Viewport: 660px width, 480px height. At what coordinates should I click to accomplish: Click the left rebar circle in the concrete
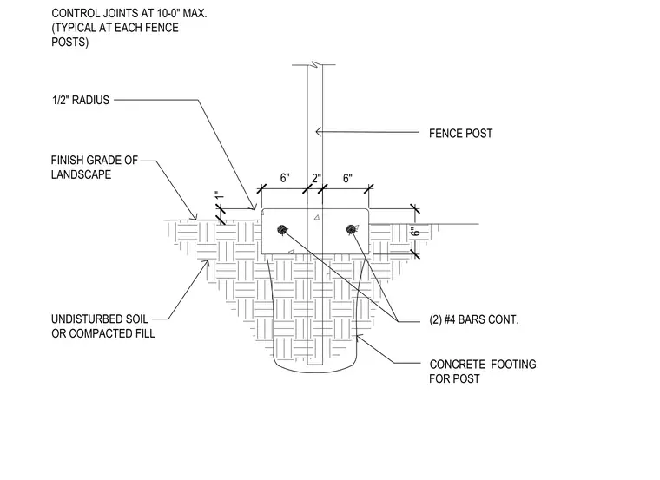tap(282, 230)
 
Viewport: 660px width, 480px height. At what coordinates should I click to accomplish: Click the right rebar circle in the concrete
tap(351, 229)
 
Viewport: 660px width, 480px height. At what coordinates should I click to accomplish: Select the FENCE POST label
tap(460, 134)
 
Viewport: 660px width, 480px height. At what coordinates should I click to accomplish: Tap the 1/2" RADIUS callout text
tap(81, 100)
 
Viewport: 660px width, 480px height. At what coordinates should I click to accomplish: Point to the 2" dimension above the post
tap(316, 178)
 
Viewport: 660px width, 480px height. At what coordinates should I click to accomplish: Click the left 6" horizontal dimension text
tap(285, 178)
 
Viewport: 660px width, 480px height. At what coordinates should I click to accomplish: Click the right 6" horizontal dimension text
tap(347, 178)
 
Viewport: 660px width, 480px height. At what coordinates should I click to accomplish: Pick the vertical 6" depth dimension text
tap(415, 232)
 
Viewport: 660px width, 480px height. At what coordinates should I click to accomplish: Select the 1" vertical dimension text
tap(220, 196)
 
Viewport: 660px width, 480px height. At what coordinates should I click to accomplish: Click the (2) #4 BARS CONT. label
tap(474, 319)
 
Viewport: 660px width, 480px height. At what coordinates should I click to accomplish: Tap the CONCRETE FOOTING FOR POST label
tap(482, 371)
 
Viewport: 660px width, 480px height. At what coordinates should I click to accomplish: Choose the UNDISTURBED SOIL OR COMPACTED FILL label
tap(103, 326)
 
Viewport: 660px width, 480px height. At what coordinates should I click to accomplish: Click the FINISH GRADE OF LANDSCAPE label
tap(95, 168)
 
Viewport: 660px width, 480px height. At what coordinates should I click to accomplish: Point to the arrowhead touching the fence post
tap(319, 132)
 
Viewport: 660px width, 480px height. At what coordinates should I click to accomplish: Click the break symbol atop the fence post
tap(314, 64)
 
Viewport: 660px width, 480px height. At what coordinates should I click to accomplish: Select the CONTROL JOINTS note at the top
tap(129, 28)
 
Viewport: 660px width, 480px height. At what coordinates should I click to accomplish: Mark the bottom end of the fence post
tap(315, 365)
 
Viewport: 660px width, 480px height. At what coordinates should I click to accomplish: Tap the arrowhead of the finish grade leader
tap(195, 218)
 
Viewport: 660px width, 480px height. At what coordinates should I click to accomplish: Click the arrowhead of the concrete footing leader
tap(358, 336)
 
